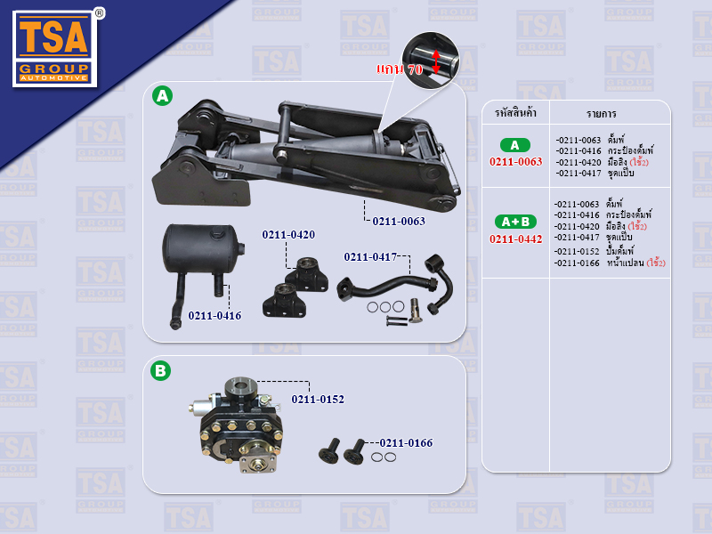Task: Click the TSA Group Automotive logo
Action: pyautogui.click(x=55, y=48)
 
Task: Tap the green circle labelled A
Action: pyautogui.click(x=162, y=96)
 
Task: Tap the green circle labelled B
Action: pyautogui.click(x=160, y=370)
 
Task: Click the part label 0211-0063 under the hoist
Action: pyautogui.click(x=399, y=221)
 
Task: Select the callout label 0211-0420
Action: pyautogui.click(x=288, y=234)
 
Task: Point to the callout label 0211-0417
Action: pyautogui.click(x=370, y=257)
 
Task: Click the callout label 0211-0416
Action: pyautogui.click(x=214, y=316)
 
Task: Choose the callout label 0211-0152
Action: pyautogui.click(x=318, y=399)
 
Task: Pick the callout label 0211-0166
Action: pyautogui.click(x=407, y=442)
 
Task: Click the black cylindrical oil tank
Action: pyautogui.click(x=202, y=249)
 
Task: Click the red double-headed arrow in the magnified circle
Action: pyautogui.click(x=436, y=61)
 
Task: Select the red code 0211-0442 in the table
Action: pyautogui.click(x=516, y=239)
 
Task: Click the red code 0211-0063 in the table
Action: pyautogui.click(x=516, y=162)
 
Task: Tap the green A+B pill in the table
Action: pyautogui.click(x=515, y=222)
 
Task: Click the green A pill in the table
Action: pyautogui.click(x=515, y=145)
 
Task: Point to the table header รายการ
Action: pyautogui.click(x=601, y=114)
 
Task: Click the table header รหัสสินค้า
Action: pyautogui.click(x=515, y=113)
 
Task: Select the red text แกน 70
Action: pyautogui.click(x=400, y=69)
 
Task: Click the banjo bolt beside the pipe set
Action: pyautogui.click(x=415, y=311)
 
